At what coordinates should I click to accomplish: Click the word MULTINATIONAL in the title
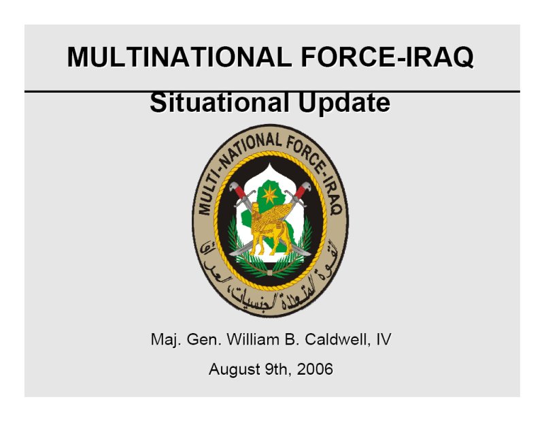(x=180, y=57)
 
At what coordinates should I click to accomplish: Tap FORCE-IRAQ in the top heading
(x=387, y=57)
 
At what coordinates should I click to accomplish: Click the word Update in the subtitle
(x=344, y=103)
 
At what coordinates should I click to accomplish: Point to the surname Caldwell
(x=335, y=339)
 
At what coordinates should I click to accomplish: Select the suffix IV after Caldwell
(x=383, y=339)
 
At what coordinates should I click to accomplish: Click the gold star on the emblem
(x=270, y=195)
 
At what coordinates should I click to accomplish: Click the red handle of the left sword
(x=239, y=191)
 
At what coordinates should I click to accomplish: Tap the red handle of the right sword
(x=301, y=191)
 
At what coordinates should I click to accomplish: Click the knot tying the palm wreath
(x=270, y=272)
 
